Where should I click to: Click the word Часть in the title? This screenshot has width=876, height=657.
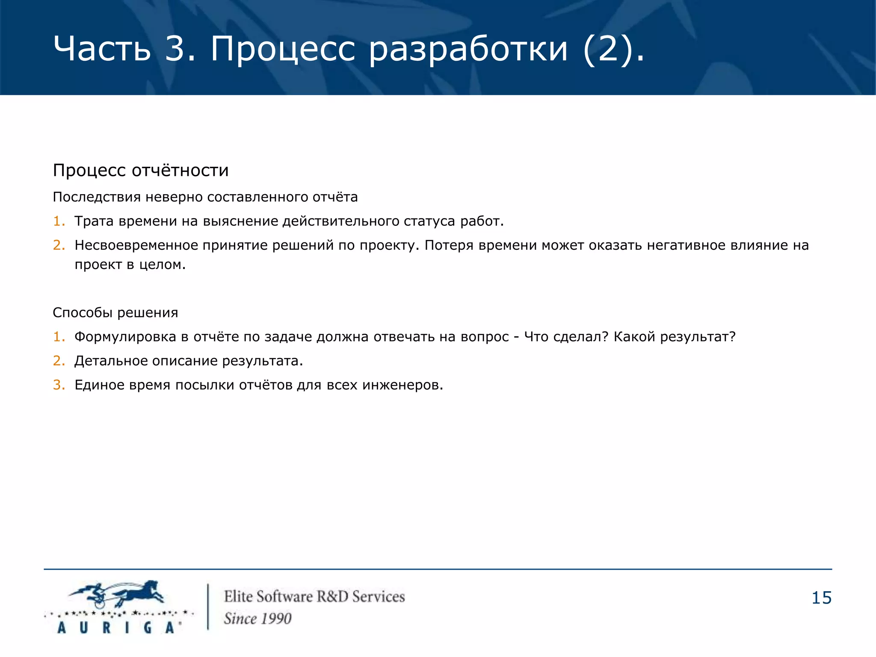tap(102, 48)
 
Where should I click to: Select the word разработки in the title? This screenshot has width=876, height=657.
tap(468, 49)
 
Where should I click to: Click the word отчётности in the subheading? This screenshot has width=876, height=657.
tap(180, 170)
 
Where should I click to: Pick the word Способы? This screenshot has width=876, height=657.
tap(82, 313)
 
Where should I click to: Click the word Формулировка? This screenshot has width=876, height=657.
tap(125, 337)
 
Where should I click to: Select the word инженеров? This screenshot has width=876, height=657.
tap(402, 385)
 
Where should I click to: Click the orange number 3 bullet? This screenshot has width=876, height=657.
tap(59, 385)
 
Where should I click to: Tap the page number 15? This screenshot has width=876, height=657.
tap(821, 598)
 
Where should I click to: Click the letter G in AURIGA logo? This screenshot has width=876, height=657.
tap(148, 627)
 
